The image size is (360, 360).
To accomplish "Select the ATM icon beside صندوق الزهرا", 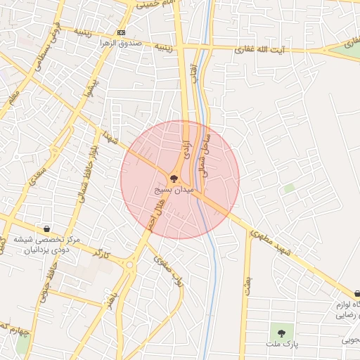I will (122, 33).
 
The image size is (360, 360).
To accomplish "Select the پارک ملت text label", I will (282, 344).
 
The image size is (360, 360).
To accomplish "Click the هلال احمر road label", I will (150, 215).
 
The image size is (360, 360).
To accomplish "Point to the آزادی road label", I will (186, 143).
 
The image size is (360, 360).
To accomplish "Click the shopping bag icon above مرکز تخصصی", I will (46, 229).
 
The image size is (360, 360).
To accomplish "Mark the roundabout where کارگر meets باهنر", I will (129, 265).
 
